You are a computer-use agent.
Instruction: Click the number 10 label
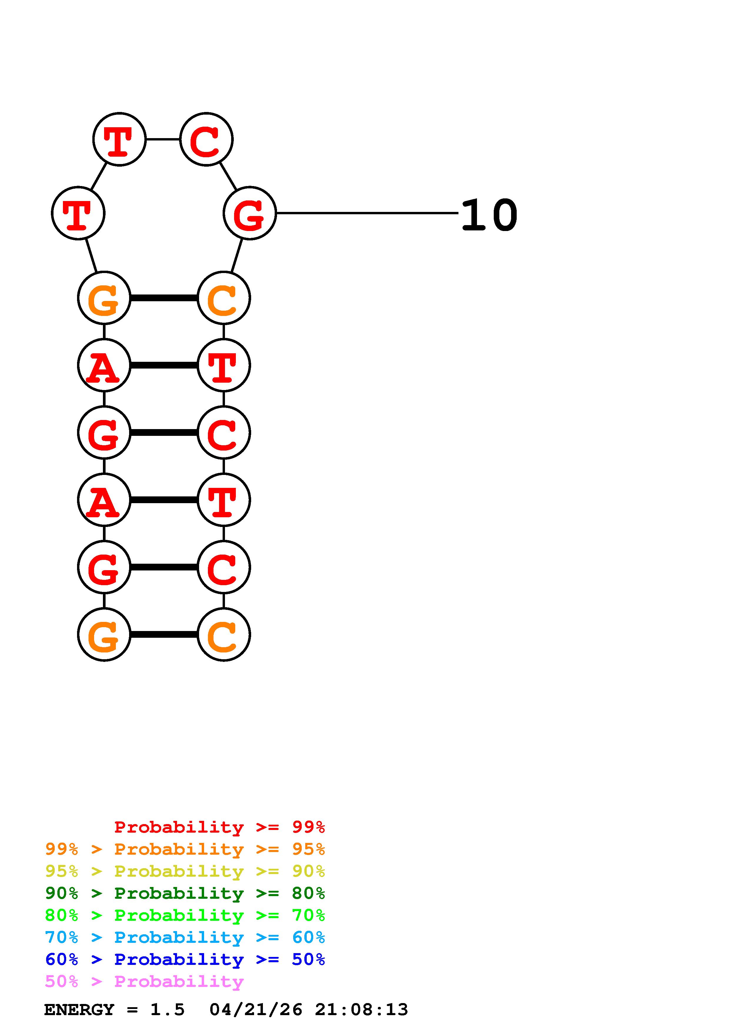(x=489, y=215)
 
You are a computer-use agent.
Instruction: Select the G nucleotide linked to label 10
(x=249, y=213)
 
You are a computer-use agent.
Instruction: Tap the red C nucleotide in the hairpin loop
(x=206, y=139)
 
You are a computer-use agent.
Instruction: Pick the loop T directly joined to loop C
(x=119, y=139)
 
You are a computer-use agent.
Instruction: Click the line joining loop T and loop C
(x=163, y=139)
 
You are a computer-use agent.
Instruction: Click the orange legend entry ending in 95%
(x=185, y=849)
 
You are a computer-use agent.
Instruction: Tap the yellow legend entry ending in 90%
(x=185, y=871)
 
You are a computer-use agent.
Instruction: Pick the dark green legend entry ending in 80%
(x=185, y=893)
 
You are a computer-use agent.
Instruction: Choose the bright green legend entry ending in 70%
(x=185, y=915)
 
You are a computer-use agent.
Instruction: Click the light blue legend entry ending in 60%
(x=185, y=937)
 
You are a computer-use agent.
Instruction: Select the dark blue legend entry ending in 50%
(x=185, y=959)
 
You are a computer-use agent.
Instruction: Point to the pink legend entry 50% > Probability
(x=144, y=981)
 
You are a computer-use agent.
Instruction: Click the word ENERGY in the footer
(x=79, y=1010)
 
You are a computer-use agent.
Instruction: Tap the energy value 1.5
(x=167, y=1010)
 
